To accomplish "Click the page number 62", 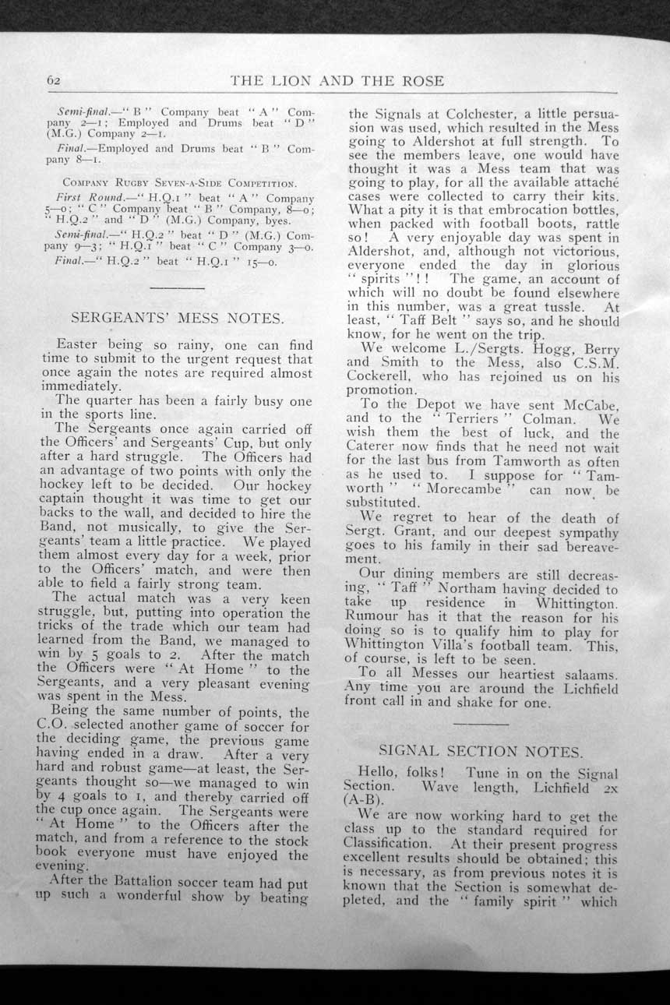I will coord(54,81).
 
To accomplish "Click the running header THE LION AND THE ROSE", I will coord(337,81).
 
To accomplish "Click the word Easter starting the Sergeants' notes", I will coord(77,344).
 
